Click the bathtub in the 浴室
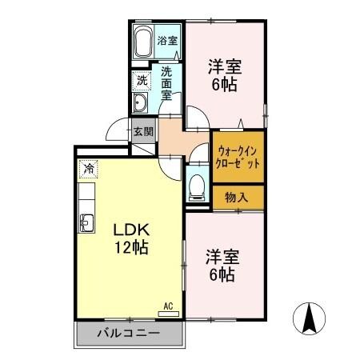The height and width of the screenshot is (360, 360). click(143, 41)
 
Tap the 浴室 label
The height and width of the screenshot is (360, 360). click(166, 40)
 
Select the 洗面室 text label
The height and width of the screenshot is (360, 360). click(166, 82)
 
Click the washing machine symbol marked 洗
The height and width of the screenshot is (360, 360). click(142, 80)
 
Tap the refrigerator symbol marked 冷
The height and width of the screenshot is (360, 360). click(88, 169)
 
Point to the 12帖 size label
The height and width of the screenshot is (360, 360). click(131, 246)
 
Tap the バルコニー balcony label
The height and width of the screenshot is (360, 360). click(129, 333)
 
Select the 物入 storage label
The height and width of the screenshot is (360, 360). click(236, 196)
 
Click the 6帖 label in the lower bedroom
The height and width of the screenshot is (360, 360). click(222, 276)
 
